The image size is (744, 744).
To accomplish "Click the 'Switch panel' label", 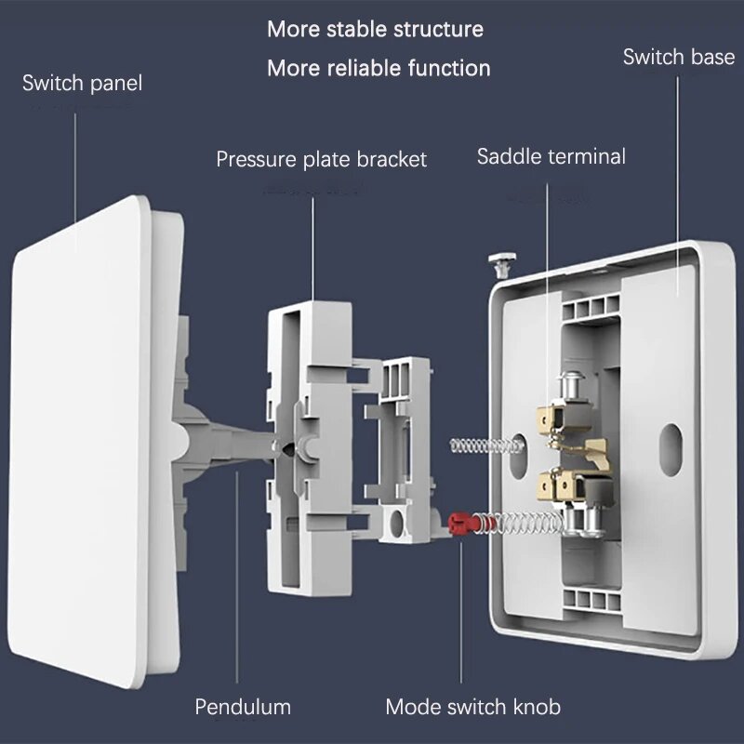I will [82, 84].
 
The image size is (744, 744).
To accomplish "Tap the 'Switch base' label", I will [678, 58].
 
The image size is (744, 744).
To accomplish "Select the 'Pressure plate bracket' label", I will [321, 159].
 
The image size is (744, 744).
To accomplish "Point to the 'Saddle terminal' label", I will [551, 156].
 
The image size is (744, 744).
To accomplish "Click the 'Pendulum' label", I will [243, 707].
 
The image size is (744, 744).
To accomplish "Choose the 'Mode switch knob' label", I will [472, 707].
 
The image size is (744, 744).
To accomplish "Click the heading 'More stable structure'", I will [375, 29].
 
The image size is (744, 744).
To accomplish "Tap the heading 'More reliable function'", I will [379, 68].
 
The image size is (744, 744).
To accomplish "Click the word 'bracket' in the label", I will [392, 159].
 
